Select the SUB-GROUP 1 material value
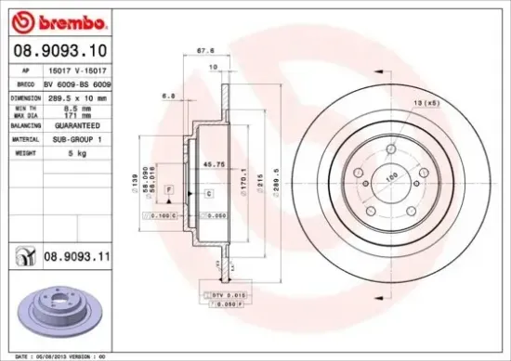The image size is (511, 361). click(72, 138)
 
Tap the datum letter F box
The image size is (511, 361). click(170, 189)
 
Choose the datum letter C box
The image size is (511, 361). click(209, 193)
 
